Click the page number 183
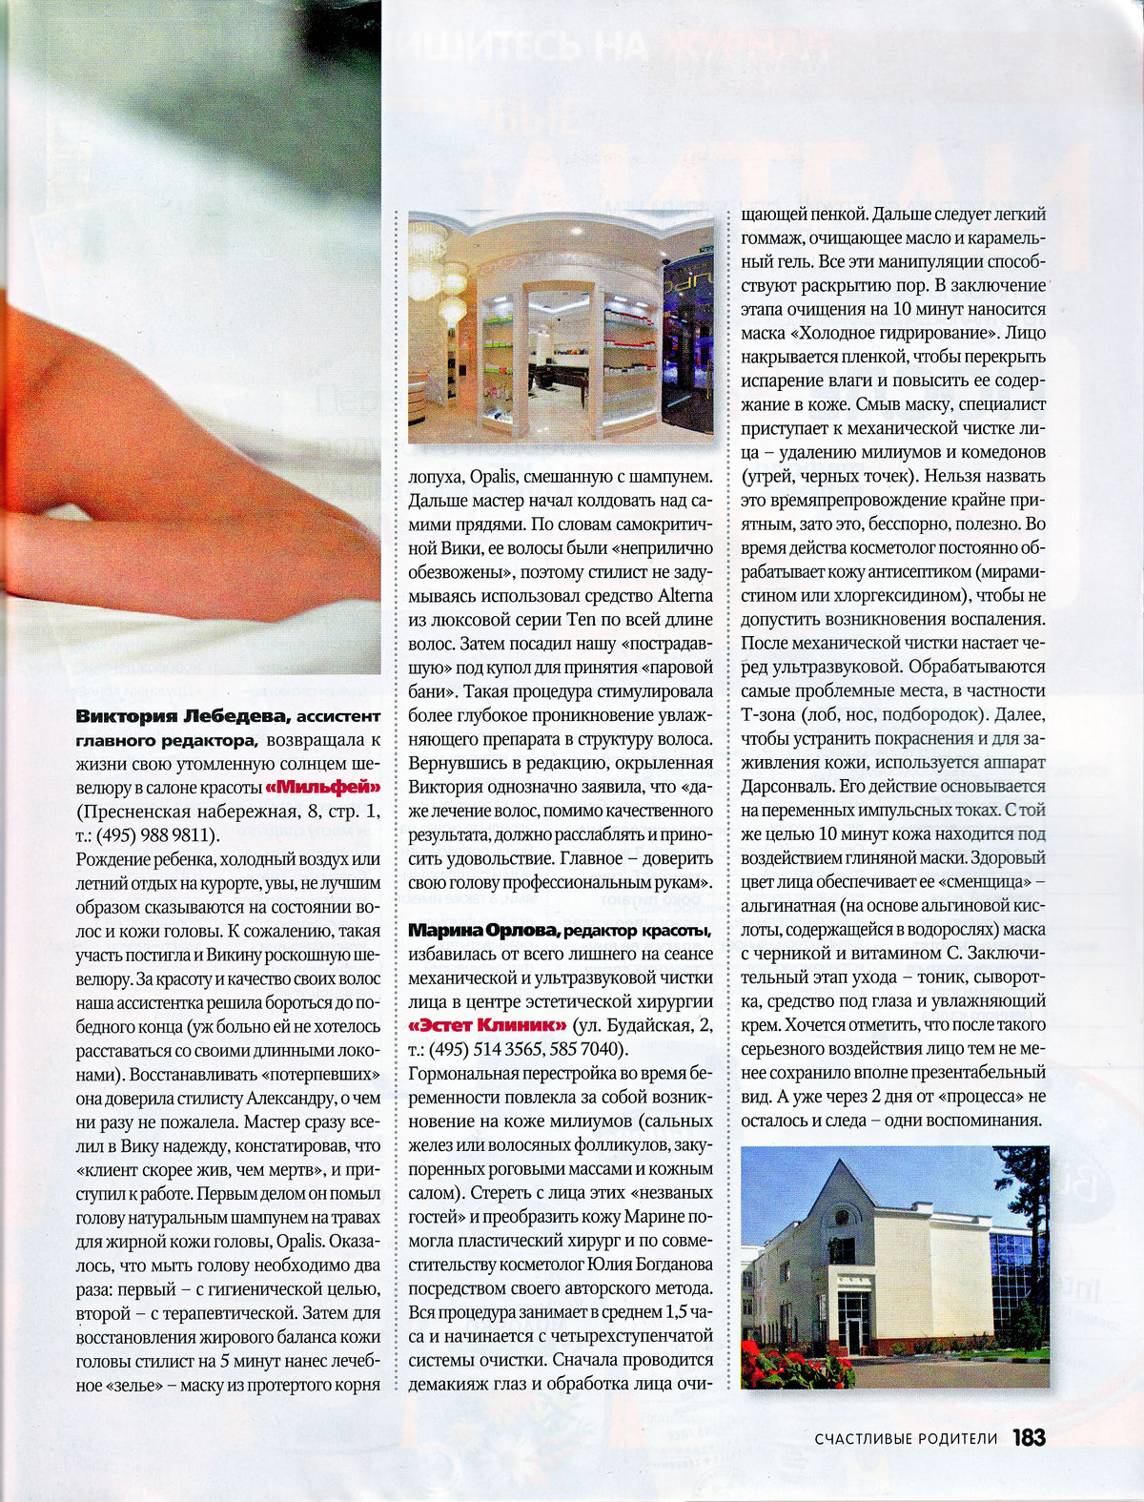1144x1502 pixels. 1029,1438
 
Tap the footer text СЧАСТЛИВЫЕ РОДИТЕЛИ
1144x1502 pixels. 906,1439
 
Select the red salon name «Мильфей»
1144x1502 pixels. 323,788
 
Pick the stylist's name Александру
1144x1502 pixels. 290,1098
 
